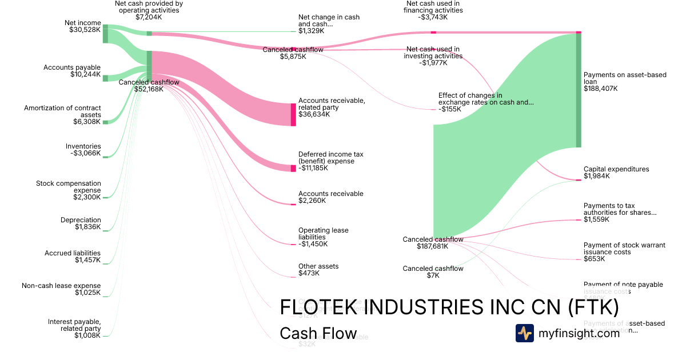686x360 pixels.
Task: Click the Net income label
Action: (83, 26)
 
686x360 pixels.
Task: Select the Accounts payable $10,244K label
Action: (72, 71)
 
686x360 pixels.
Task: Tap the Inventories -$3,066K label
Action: (83, 150)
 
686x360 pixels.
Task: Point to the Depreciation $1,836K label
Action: (81, 223)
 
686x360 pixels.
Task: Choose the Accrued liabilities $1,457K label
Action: (73, 257)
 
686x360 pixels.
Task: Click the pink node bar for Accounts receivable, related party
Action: (293, 114)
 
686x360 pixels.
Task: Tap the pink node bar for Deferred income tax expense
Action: (293, 168)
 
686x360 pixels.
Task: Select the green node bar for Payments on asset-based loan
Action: (578, 90)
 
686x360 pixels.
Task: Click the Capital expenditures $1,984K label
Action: (616, 173)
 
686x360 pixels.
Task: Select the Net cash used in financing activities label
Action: (432, 10)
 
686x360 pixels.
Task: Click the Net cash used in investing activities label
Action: (433, 56)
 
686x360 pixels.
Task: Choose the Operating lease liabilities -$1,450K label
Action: (323, 237)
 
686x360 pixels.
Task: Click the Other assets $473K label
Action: (318, 270)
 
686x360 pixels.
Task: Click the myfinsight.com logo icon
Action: (524, 333)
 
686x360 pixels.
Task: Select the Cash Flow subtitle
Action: (318, 334)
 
